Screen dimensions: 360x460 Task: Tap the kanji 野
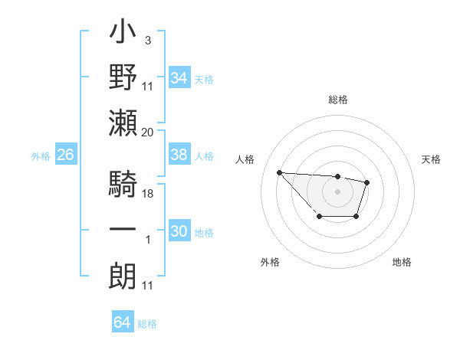[x=123, y=77]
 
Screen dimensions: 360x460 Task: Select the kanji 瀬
[x=123, y=122]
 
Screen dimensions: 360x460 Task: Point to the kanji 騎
[x=123, y=185]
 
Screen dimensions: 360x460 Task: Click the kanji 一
[x=123, y=229]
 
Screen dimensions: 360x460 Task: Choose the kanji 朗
[x=123, y=273]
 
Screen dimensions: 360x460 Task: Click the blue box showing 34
[x=179, y=77]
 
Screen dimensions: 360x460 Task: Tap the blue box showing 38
[x=179, y=155]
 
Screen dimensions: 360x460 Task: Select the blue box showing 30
[x=179, y=231]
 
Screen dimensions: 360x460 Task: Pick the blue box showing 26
[x=65, y=155]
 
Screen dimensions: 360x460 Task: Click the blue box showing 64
[x=122, y=322]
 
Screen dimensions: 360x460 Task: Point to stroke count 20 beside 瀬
[x=148, y=133]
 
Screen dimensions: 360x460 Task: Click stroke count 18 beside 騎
[x=148, y=195]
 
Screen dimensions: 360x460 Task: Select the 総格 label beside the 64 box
[x=147, y=324]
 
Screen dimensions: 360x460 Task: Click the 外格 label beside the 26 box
[x=41, y=156]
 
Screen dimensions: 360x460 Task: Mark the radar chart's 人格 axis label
[x=245, y=159]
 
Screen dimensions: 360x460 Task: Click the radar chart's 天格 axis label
[x=432, y=159]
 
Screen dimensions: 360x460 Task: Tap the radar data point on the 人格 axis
[x=279, y=172]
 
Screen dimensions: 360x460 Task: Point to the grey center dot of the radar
[x=337, y=191]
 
